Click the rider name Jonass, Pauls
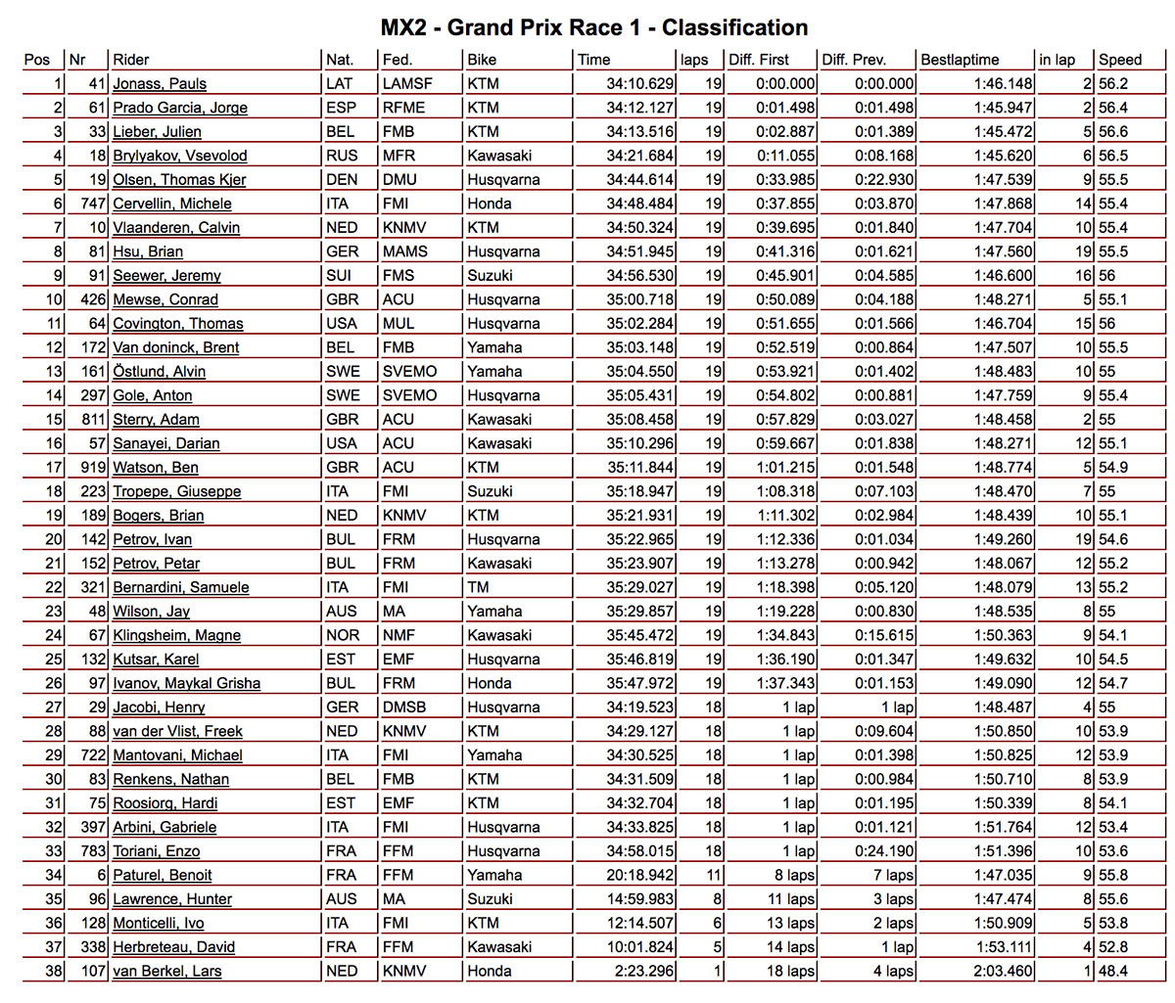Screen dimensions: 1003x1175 click(160, 84)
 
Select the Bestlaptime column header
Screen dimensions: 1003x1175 click(960, 60)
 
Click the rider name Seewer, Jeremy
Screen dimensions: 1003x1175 click(166, 276)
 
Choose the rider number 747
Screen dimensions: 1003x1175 click(91, 204)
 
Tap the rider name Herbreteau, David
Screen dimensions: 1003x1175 click(173, 947)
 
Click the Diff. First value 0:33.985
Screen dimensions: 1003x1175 click(785, 180)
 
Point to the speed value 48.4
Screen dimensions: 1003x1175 click(1113, 971)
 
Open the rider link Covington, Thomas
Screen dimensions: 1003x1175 click(178, 324)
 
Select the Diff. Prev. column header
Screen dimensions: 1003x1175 click(854, 60)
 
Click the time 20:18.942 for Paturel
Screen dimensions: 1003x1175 click(639, 875)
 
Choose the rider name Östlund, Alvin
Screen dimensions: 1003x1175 click(160, 372)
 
